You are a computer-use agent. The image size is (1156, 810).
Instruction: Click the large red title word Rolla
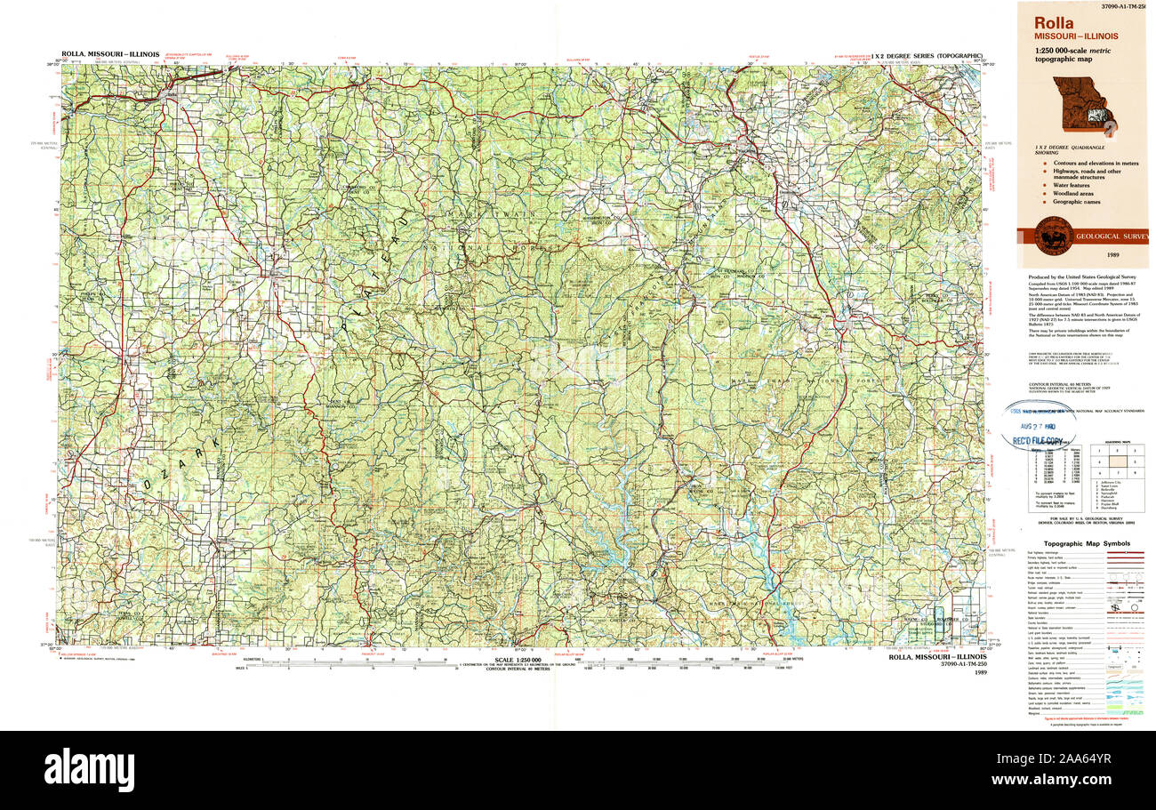pyautogui.click(x=1054, y=23)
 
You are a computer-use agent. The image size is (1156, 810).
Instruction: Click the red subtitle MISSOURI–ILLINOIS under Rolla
pyautogui.click(x=1072, y=36)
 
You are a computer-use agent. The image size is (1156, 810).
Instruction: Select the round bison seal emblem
pyautogui.click(x=1053, y=237)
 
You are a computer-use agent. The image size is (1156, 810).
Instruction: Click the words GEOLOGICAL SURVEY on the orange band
pyautogui.click(x=1112, y=237)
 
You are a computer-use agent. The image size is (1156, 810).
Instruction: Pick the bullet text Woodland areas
pyautogui.click(x=1073, y=192)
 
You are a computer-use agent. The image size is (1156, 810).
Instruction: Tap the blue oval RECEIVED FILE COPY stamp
pyautogui.click(x=1039, y=427)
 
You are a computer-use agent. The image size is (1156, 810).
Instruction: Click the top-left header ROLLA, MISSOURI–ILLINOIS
pyautogui.click(x=111, y=54)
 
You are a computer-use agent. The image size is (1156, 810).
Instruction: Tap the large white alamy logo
pyautogui.click(x=89, y=769)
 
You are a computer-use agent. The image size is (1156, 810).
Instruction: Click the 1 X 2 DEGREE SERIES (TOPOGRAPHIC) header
pyautogui.click(x=927, y=55)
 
